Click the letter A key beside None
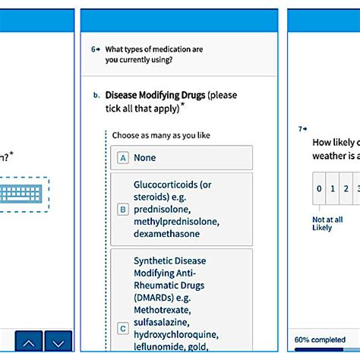tap(122, 158)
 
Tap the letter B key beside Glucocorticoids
tap(122, 210)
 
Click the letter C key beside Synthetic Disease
tap(122, 328)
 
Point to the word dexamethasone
tap(169, 234)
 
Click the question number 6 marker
tap(96, 49)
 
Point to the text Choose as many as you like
tap(161, 135)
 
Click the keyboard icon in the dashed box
tap(22, 194)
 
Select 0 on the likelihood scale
tap(320, 189)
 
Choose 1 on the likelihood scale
tap(333, 189)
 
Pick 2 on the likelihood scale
tap(346, 189)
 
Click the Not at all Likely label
tap(322, 223)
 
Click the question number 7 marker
tap(302, 129)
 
